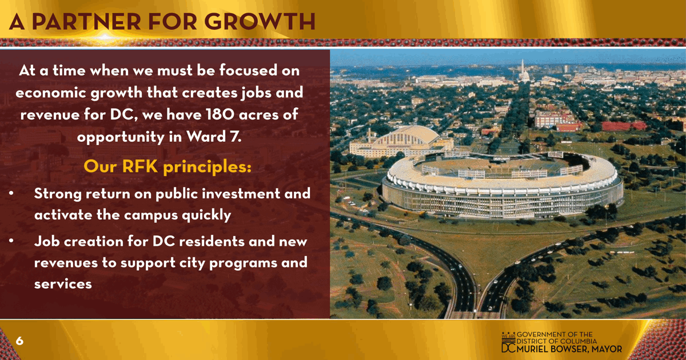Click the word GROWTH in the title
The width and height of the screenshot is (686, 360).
(x=260, y=22)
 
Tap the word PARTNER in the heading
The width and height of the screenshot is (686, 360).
(x=86, y=22)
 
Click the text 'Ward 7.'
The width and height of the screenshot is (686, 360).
(x=214, y=137)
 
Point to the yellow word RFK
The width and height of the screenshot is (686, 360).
(x=140, y=166)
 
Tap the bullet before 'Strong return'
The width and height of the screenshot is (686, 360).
(x=11, y=194)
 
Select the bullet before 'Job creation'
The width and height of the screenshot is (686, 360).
(x=11, y=241)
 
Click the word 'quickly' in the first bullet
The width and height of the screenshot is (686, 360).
(x=206, y=215)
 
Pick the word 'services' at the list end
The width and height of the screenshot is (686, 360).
(x=63, y=284)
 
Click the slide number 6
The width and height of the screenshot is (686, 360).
(x=19, y=341)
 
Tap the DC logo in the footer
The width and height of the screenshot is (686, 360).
(x=508, y=342)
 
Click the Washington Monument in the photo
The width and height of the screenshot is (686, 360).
(x=523, y=66)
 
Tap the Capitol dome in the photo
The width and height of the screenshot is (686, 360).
(x=525, y=77)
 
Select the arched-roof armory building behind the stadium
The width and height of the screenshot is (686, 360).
(x=402, y=142)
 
